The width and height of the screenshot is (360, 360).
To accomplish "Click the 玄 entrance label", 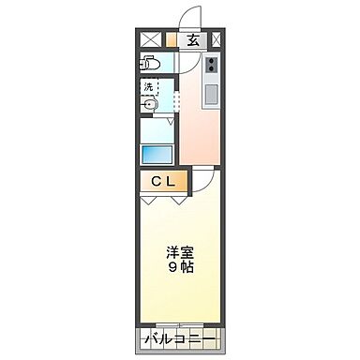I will (x=192, y=39).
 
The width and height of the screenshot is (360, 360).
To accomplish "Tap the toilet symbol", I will (x=151, y=64).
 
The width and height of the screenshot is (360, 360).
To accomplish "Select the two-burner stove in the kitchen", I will (x=210, y=66).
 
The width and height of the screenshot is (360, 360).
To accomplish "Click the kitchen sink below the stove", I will (x=209, y=94).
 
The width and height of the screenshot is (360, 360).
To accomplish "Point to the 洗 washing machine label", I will (x=148, y=86).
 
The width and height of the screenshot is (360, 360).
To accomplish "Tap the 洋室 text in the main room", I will (x=180, y=251).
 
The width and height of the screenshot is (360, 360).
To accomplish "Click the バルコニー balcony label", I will (x=180, y=337).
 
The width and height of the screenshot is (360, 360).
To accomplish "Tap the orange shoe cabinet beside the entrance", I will (x=171, y=39).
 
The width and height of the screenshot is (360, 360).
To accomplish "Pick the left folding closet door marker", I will (x=148, y=200).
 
